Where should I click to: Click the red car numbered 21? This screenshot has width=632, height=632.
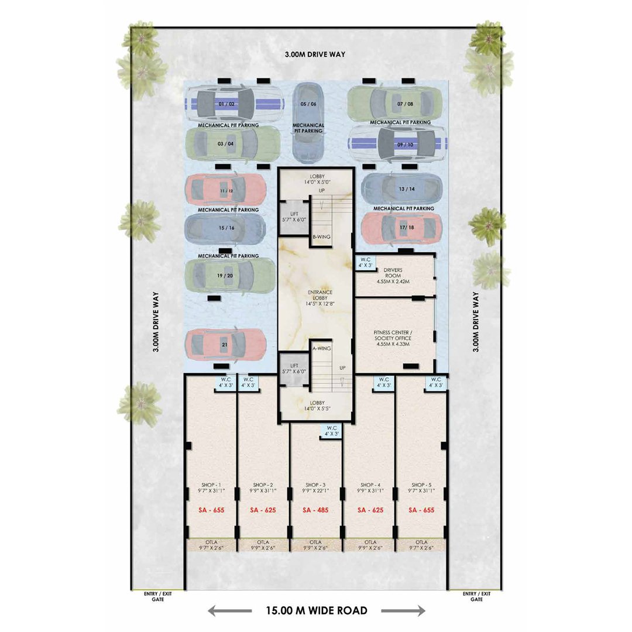[x=226, y=345]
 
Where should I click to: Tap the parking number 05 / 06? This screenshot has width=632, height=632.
[x=308, y=104]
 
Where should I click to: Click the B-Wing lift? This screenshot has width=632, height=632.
[x=294, y=217]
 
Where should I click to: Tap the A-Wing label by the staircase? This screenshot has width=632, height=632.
[x=322, y=348]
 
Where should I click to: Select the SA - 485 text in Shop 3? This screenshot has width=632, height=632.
[x=315, y=510]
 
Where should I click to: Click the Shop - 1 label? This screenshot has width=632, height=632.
[x=211, y=485]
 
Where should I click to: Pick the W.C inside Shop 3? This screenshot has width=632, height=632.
[x=332, y=431]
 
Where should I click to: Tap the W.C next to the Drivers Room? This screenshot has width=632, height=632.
[x=366, y=262]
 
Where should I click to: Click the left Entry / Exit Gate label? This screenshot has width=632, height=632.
[x=158, y=596]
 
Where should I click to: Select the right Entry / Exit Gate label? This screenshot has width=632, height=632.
[x=476, y=596]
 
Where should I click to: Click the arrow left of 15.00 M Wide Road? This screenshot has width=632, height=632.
[x=230, y=610]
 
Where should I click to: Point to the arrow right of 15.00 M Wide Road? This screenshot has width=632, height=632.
[x=403, y=610]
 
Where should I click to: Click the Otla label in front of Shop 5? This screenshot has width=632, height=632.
[x=421, y=542]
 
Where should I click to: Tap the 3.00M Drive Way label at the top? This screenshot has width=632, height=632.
[x=315, y=54]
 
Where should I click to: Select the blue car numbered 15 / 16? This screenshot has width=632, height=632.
[x=225, y=229]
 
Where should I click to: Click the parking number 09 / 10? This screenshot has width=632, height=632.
[x=405, y=145]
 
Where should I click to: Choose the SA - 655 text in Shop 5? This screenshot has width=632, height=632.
[x=421, y=510]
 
